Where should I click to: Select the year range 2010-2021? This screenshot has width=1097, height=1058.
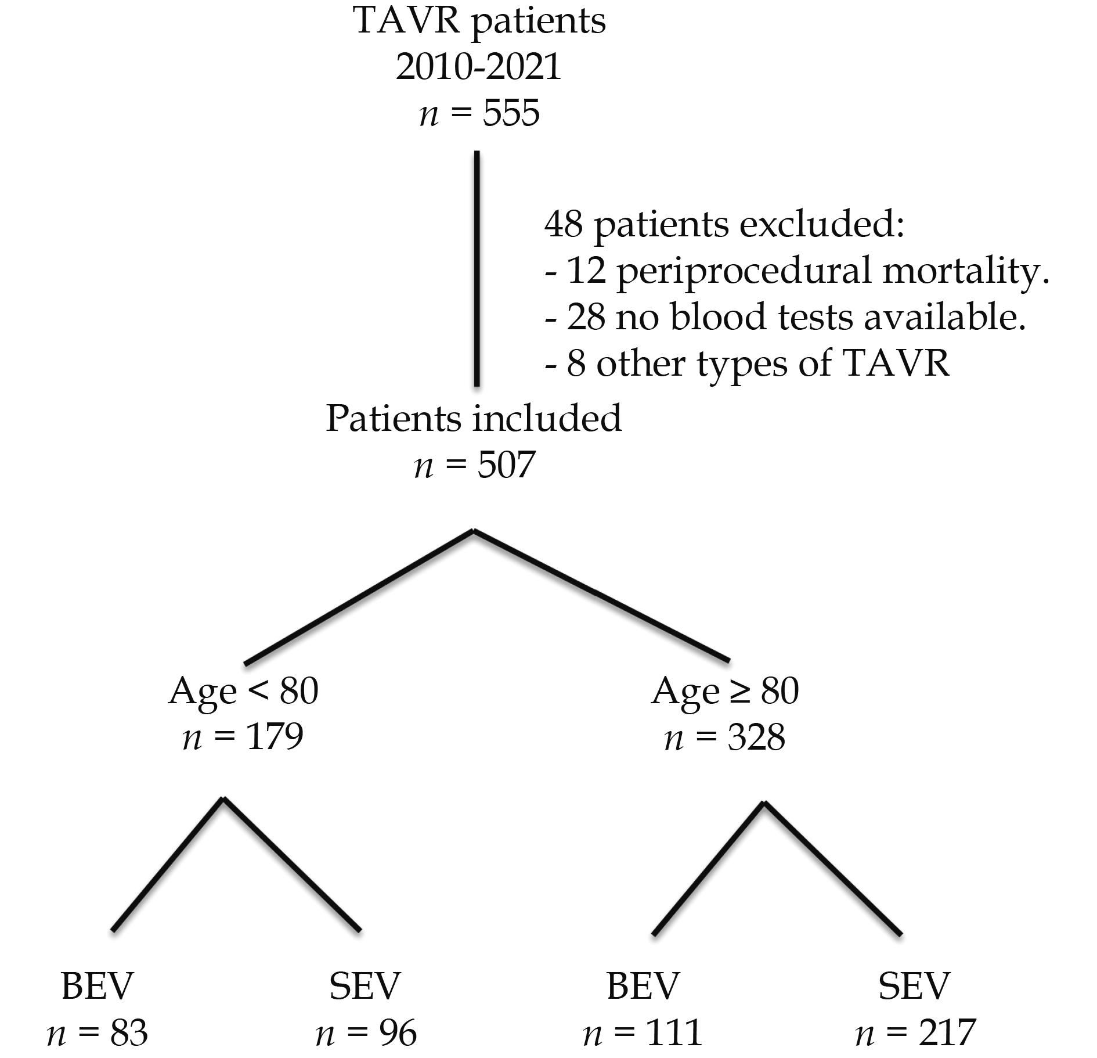[479, 67]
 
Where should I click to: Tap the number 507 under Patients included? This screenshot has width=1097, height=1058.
[505, 465]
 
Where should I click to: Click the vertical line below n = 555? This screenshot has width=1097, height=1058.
[477, 268]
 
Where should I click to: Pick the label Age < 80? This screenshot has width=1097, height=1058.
[243, 692]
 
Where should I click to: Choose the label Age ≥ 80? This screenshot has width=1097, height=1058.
[725, 692]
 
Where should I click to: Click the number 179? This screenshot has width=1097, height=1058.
[275, 737]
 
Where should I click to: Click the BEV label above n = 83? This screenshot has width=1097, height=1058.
[97, 986]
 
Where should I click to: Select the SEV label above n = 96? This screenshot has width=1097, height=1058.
[365, 986]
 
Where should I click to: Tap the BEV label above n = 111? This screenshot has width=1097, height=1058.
[643, 986]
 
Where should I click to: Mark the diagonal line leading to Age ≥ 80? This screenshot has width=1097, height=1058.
[601, 595]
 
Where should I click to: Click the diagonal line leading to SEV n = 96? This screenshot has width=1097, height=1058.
[292, 865]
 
